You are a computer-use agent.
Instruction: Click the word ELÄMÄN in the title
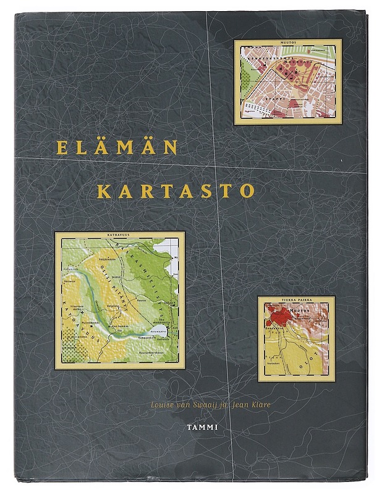pyautogui.click(x=116, y=148)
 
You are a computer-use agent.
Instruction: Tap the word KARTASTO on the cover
pyautogui.click(x=167, y=189)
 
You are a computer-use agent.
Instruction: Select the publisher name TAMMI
pyautogui.click(x=201, y=426)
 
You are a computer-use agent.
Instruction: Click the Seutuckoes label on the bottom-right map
pyautogui.click(x=276, y=356)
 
